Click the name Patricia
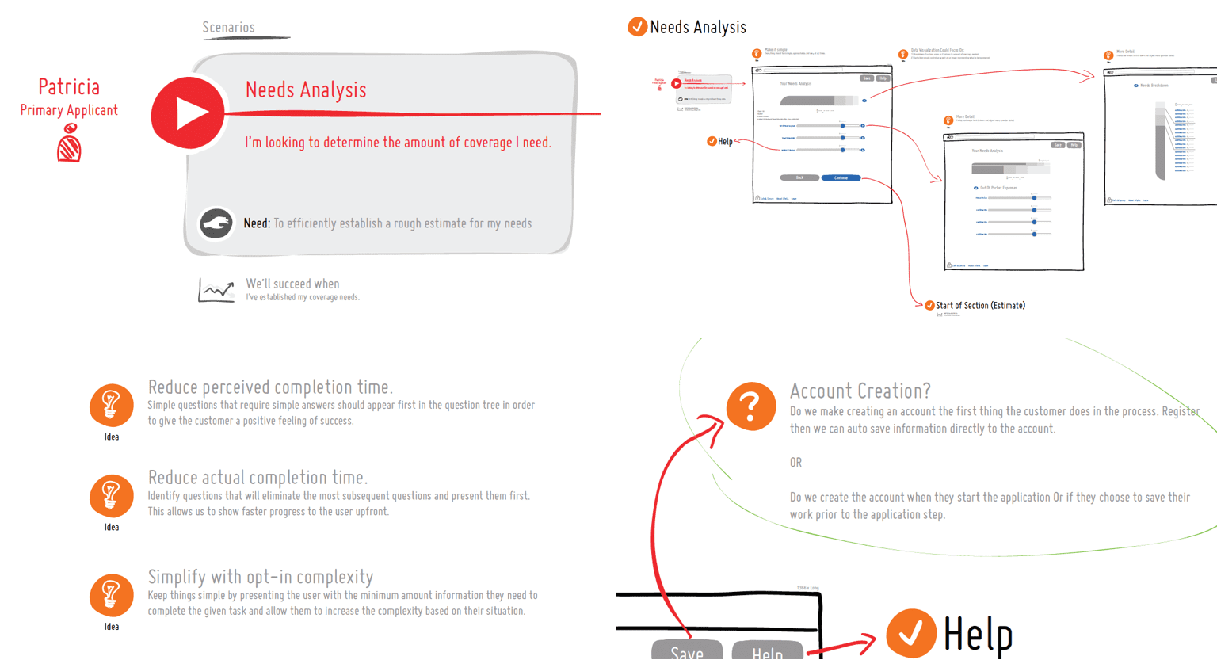69,87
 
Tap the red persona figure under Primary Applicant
69,147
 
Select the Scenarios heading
228,28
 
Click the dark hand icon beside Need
216,223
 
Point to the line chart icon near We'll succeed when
216,290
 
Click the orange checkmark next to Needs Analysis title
637,27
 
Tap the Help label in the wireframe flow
725,142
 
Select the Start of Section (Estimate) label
980,305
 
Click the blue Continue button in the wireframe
841,178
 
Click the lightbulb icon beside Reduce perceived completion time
112,405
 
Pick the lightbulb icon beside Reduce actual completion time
112,495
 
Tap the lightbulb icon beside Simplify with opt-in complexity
112,595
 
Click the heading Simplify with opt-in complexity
260,577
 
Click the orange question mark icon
751,406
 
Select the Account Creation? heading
860,391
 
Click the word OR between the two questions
795,463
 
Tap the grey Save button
686,650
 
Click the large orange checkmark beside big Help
911,633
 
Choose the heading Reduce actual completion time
258,478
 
